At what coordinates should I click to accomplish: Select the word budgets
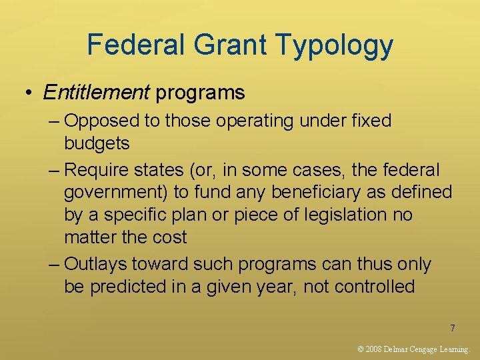coord(97,143)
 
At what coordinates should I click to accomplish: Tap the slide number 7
coord(453,328)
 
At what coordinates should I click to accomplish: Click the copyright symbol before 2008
coord(361,349)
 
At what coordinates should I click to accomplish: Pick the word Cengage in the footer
coord(420,349)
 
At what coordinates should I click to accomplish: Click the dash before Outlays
coord(55,265)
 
